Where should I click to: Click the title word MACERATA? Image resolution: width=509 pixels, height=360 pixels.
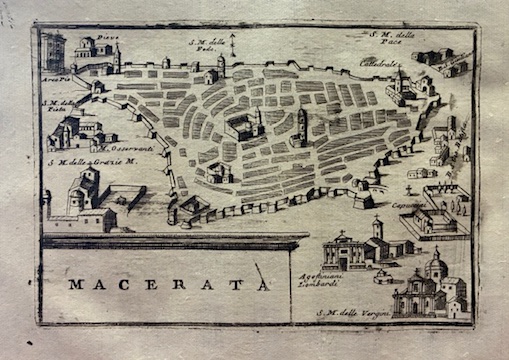[168, 285]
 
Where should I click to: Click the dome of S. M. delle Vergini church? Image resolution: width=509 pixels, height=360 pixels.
[436, 267]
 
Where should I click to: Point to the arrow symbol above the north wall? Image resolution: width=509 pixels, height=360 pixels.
[232, 43]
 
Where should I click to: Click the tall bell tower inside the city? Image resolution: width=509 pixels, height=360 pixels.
[301, 124]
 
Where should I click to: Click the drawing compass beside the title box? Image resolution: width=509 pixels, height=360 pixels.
[261, 275]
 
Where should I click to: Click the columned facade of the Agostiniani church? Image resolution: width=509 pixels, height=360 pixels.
[343, 252]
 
